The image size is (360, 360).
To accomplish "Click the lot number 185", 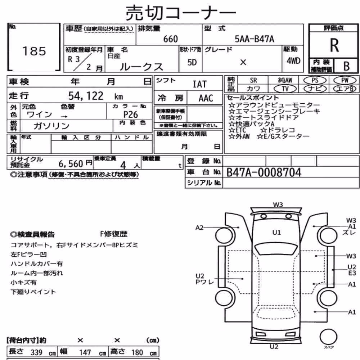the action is pos(34,51).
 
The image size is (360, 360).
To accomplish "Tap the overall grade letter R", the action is pos(334,45).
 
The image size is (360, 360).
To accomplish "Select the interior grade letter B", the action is pos(346,66).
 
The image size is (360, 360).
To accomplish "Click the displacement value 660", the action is pos(170,39).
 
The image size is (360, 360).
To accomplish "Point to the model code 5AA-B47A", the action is pos(254,39).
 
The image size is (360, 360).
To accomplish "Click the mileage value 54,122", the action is pos(86,96).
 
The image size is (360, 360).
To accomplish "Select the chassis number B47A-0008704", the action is pos(264,172).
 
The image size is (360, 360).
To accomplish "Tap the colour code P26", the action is pos(130,114).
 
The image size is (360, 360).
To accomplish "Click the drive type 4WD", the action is pos(293,61).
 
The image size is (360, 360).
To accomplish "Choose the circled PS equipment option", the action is pos(315,80).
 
